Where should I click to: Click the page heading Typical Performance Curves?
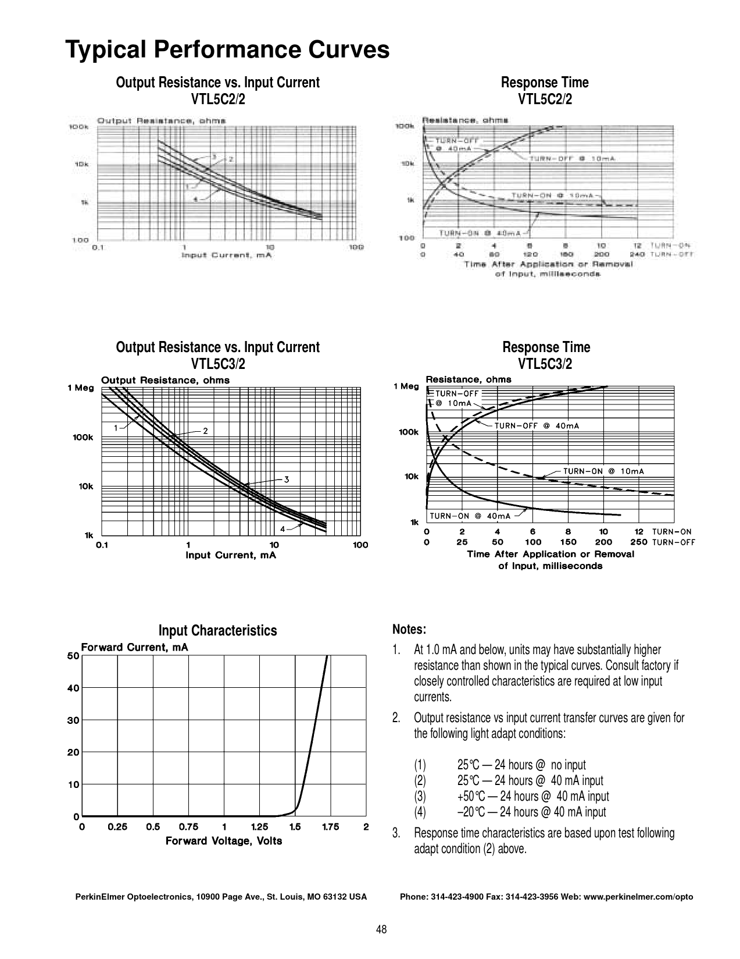coord(227,49)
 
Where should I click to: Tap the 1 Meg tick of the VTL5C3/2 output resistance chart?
coord(80,388)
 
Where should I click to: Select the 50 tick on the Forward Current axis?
coord(73,656)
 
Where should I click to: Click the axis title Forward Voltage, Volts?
coord(224,841)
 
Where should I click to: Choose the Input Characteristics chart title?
coord(218,631)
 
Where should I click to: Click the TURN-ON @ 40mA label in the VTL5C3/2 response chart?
coord(470,516)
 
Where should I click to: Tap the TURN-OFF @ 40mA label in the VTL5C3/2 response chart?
coord(537,426)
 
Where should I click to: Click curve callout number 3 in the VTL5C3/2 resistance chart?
coord(287,479)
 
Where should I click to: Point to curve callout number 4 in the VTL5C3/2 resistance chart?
coord(283,529)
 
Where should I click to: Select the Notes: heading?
coord(409,630)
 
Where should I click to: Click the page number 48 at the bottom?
coord(381,929)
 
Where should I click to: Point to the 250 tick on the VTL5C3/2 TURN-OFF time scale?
coord(638,542)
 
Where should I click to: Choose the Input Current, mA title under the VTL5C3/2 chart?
coord(231,555)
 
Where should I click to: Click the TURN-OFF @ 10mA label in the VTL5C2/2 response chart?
coord(572,158)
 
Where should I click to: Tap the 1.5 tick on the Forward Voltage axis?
coord(295,827)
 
